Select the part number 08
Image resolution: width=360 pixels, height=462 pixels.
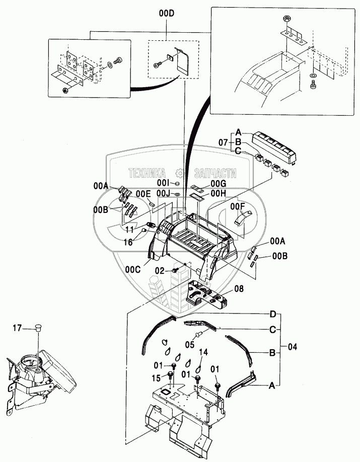pos(239,289)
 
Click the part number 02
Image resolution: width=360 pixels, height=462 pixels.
pos(160,270)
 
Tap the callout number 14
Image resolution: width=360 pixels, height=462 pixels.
pos(204,352)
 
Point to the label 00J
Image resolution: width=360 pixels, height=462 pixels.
pos(163,193)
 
